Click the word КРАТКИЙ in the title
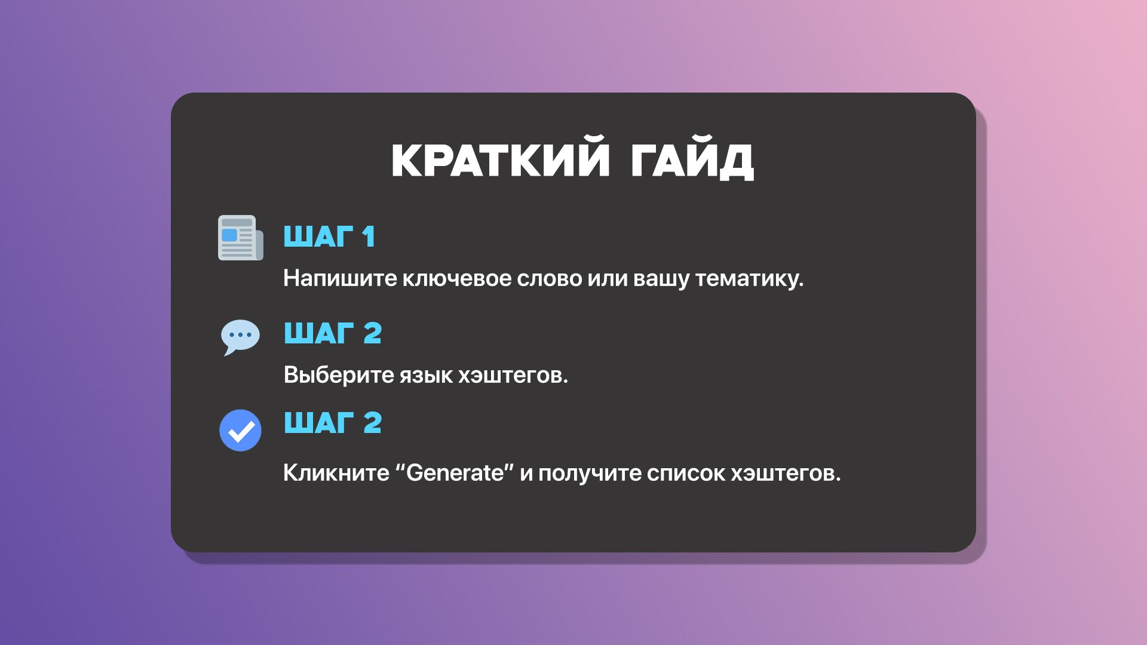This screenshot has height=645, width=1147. tap(501, 161)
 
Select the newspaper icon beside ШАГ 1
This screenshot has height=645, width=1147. tap(240, 238)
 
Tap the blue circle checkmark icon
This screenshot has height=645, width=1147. tap(240, 430)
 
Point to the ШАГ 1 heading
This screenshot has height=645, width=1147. tap(329, 236)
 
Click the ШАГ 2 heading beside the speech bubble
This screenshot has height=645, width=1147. tap(333, 333)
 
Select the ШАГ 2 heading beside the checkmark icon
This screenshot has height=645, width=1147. tap(333, 423)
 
